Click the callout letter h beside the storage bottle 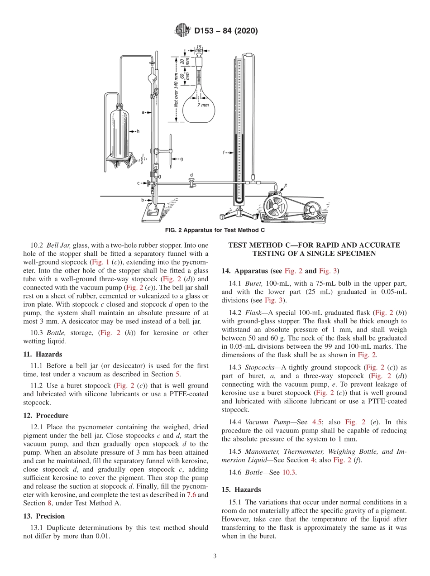click(x=138, y=131)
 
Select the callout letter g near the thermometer click(x=181, y=159)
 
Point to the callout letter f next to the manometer click(x=224, y=153)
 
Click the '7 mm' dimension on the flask click(x=203, y=105)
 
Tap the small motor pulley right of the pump click(x=311, y=210)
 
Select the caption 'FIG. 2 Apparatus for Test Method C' click(x=215, y=230)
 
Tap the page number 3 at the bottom click(x=215, y=556)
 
